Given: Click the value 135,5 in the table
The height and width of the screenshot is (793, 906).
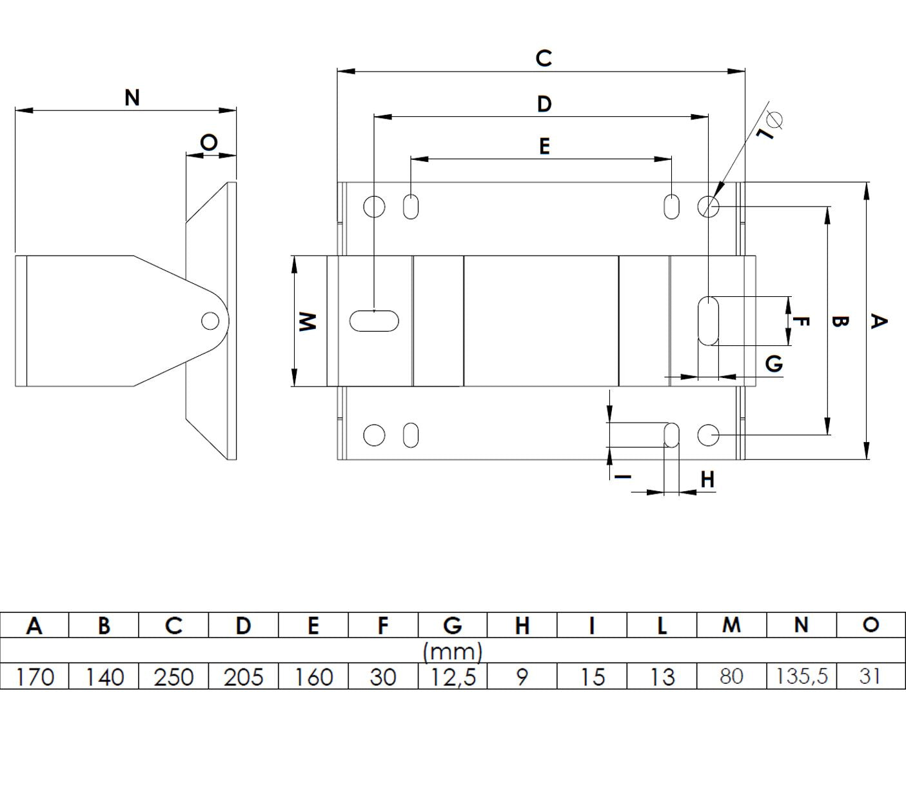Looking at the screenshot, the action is click(802, 676).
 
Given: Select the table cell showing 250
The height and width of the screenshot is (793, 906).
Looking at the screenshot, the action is click(173, 677).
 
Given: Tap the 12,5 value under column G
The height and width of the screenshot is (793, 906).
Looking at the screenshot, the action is click(453, 677).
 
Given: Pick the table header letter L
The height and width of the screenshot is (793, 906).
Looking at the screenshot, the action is click(662, 625).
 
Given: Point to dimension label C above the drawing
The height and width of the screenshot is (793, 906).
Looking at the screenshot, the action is click(544, 57).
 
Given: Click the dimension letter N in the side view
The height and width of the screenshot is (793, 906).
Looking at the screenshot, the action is click(132, 97).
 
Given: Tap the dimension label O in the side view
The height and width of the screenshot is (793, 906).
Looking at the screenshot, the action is click(208, 143).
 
